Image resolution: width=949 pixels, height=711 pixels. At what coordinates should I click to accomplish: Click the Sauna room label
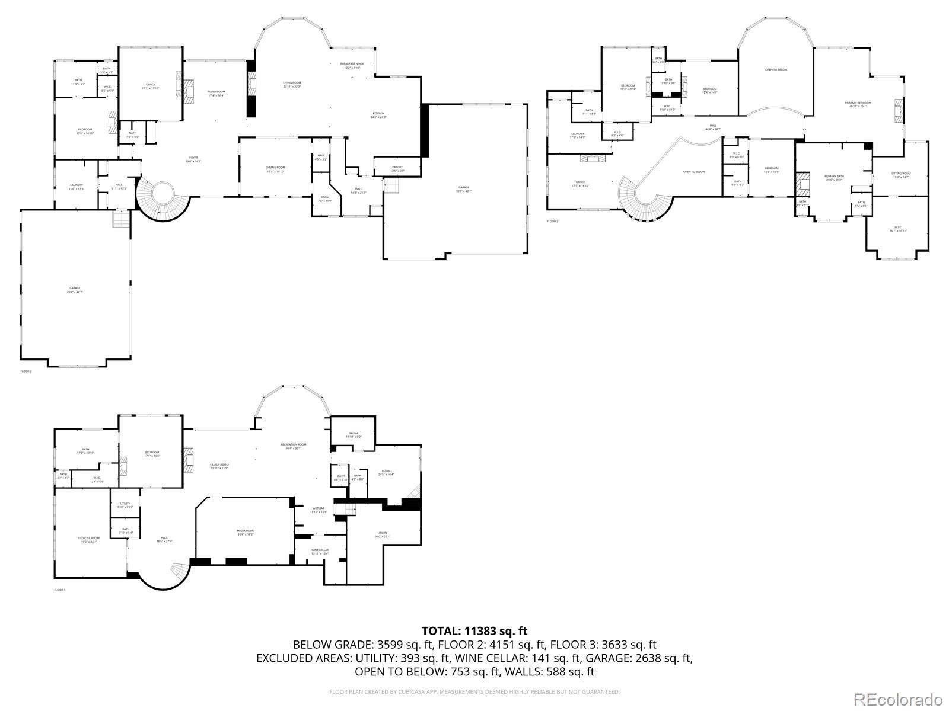354,435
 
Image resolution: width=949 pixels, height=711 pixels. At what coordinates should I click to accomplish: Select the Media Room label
246,532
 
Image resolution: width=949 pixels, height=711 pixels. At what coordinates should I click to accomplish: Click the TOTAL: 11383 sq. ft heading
474,631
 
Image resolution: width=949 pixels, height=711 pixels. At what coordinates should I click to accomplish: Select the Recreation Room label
294,446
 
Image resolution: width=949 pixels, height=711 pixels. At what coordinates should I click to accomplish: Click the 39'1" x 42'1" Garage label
463,189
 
